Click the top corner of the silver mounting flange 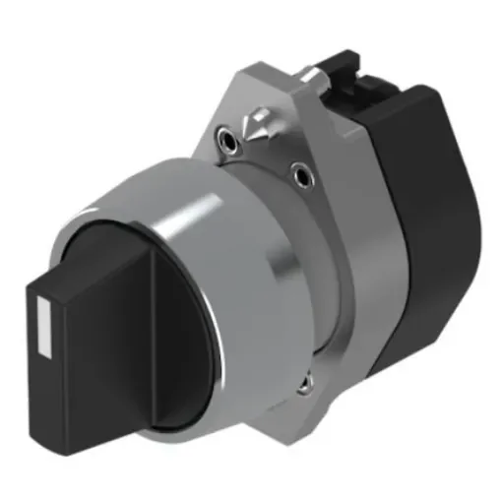pyautogui.click(x=295, y=64)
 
